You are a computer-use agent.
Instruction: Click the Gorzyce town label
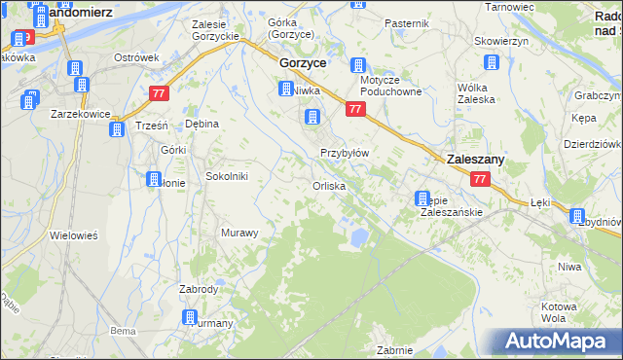tap(302, 61)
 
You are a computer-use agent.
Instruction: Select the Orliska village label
tap(328, 186)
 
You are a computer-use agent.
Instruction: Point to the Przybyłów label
tap(345, 153)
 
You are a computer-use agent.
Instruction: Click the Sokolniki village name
tap(227, 176)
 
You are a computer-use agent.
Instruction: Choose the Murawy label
tap(239, 233)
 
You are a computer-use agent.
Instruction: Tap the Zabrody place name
tap(199, 289)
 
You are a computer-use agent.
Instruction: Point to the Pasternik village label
tap(407, 22)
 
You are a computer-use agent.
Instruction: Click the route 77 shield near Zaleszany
tap(479, 180)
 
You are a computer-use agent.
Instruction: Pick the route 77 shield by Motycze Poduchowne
tap(355, 110)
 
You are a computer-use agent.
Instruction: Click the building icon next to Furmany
tap(190, 317)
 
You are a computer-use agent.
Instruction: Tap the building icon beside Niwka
tap(286, 89)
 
